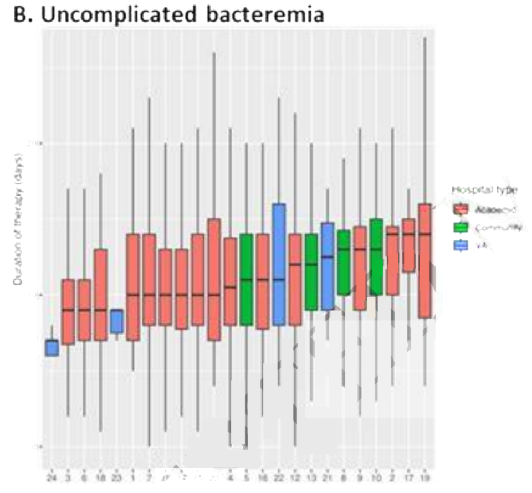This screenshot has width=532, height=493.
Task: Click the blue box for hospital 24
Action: point(52,348)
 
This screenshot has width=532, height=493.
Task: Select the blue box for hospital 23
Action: point(116,321)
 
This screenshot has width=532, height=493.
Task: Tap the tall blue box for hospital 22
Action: point(279,264)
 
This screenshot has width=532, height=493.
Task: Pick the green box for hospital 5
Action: point(247,279)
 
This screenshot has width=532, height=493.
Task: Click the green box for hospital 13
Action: point(311,272)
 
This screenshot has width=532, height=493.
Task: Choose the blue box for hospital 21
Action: point(328,266)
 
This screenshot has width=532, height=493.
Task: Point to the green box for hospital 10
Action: point(376,256)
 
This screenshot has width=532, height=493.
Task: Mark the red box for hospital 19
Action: point(425,260)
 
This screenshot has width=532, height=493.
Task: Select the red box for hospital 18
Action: point(100,295)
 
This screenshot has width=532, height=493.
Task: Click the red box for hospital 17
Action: point(409,245)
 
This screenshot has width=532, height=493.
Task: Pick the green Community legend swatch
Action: point(461,227)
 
